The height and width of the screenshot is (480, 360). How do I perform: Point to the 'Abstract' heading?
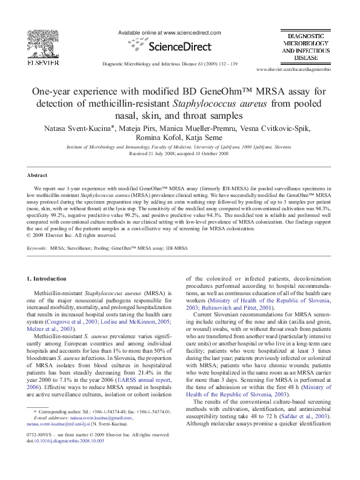(37, 175)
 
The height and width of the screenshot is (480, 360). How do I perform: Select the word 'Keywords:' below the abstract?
(38, 248)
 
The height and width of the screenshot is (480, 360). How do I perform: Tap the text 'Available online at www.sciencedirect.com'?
(169, 33)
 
